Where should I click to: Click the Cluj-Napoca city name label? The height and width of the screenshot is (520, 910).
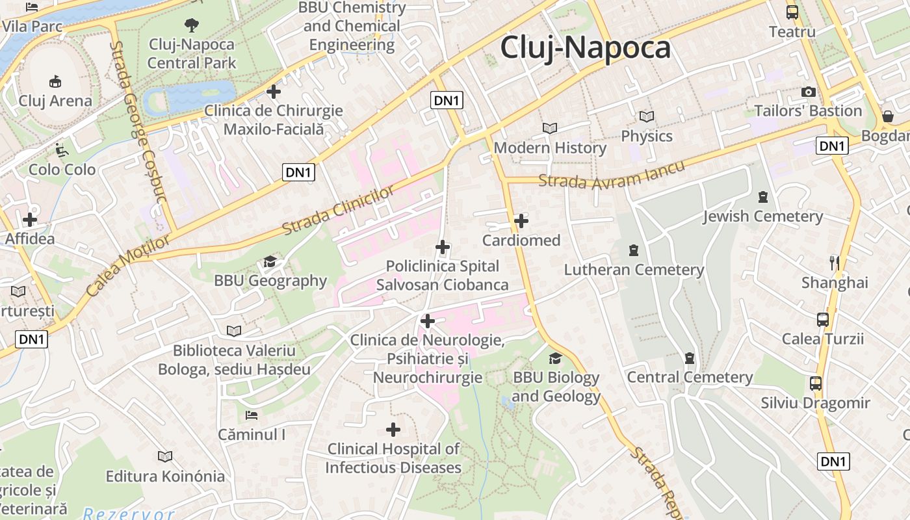coord(585,48)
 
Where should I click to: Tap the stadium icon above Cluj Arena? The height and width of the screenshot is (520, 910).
coord(55,81)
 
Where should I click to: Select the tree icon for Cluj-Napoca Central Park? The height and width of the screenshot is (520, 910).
coord(191,25)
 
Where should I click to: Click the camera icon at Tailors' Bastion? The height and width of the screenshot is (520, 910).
coord(809,92)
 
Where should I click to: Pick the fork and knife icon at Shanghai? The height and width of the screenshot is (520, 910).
coord(835,263)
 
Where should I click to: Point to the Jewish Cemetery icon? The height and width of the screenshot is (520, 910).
coord(763,196)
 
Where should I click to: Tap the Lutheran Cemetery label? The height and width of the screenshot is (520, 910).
coord(634,270)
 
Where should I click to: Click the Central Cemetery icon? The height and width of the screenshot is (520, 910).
coord(690,358)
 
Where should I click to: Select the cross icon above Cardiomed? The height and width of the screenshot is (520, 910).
coord(521,221)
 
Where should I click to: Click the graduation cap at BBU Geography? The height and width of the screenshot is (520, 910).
coord(270,261)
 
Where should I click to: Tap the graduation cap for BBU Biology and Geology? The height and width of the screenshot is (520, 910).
coord(555,358)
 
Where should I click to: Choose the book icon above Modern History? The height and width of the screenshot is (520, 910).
coord(550,129)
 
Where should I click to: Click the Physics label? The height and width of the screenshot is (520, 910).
coord(647,136)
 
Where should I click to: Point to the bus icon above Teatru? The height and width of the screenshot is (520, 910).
coord(792,12)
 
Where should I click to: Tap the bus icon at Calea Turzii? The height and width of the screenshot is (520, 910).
coord(823,319)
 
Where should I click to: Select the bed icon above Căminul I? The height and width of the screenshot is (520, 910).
coord(252,415)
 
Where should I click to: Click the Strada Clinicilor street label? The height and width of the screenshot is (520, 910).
coord(339,211)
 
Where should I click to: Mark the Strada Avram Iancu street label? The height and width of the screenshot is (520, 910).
coord(612,175)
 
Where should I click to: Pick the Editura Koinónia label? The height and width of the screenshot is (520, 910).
coord(165,476)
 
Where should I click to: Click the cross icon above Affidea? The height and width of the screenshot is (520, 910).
coord(30,220)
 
